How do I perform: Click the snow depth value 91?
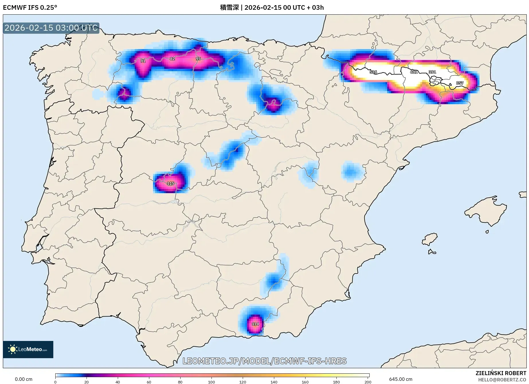pyautogui.click(x=143, y=61)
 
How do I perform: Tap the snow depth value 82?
pyautogui.click(x=172, y=59)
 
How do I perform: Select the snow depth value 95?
pyautogui.click(x=198, y=59)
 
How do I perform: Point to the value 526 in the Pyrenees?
pyautogui.click(x=373, y=72)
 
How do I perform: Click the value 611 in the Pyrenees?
pyautogui.click(x=414, y=72)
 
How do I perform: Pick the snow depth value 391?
pyautogui.click(x=432, y=72)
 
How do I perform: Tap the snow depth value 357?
pyautogui.click(x=460, y=83)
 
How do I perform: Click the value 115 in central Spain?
pyautogui.click(x=171, y=183)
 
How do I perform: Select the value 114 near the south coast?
pyautogui.click(x=255, y=324)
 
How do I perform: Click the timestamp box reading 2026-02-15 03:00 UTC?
pyautogui.click(x=51, y=28)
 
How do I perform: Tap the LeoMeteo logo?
pyautogui.click(x=28, y=349)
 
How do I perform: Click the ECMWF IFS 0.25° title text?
pyautogui.click(x=30, y=7)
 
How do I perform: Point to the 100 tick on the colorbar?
pyautogui.click(x=211, y=382)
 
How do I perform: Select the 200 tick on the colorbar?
pyautogui.click(x=368, y=382)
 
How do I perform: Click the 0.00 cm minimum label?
pyautogui.click(x=23, y=379)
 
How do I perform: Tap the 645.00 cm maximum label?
pyautogui.click(x=401, y=379)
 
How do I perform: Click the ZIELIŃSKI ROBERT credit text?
pyautogui.click(x=501, y=373)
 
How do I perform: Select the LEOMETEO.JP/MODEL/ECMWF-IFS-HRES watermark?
pyautogui.click(x=264, y=361)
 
